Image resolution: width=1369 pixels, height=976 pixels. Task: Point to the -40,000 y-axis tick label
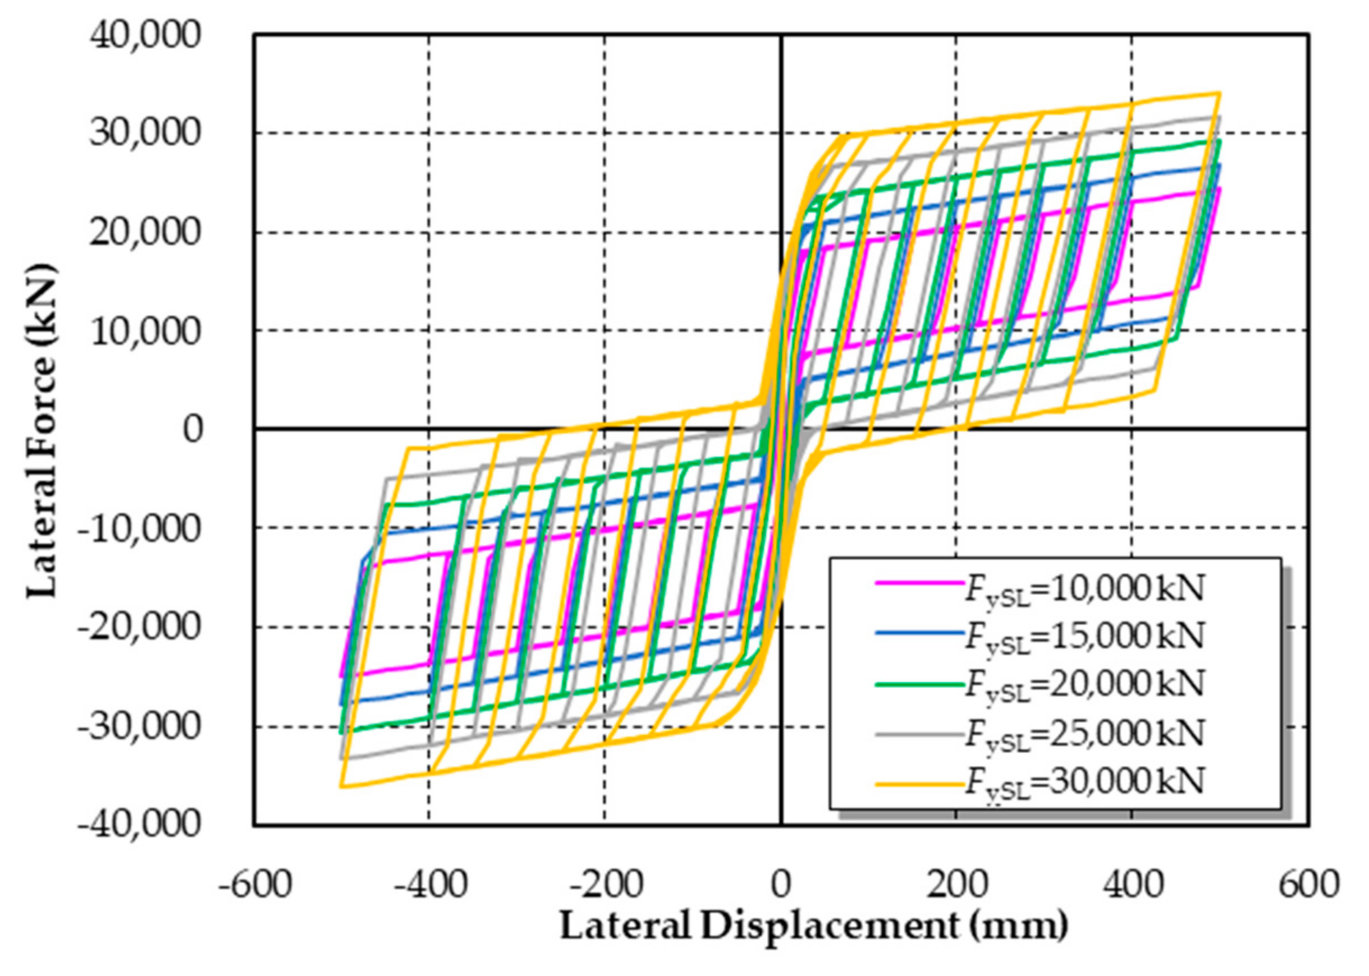138,823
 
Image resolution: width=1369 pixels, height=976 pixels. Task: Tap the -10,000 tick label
138,528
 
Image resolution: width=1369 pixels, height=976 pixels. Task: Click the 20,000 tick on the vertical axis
144,233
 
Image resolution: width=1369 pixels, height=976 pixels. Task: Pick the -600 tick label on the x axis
255,885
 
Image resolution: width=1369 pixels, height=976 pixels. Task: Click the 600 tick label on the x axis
1308,885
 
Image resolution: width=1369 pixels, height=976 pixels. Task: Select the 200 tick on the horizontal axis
956,885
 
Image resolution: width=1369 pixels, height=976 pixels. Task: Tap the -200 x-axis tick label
606,885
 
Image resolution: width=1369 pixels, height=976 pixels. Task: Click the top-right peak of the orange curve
1219,93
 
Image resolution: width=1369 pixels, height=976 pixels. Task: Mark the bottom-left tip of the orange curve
341,786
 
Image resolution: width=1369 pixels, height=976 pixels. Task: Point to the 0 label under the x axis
780,885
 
